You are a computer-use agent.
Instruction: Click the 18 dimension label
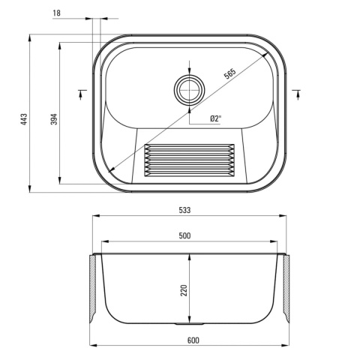pyautogui.click(x=57, y=13)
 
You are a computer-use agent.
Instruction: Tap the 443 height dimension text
pyautogui.click(x=24, y=119)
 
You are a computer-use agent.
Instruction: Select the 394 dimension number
pyautogui.click(x=54, y=119)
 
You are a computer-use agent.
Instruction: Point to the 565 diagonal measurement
pyautogui.click(x=229, y=73)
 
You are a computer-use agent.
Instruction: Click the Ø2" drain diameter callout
pyautogui.click(x=216, y=118)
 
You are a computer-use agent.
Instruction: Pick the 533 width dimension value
pyautogui.click(x=184, y=210)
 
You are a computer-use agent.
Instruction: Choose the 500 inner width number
pyautogui.click(x=184, y=235)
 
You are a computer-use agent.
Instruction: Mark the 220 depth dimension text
pyautogui.click(x=184, y=290)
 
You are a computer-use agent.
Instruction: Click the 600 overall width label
pyautogui.click(x=193, y=340)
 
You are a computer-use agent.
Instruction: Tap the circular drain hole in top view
pyautogui.click(x=189, y=89)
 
